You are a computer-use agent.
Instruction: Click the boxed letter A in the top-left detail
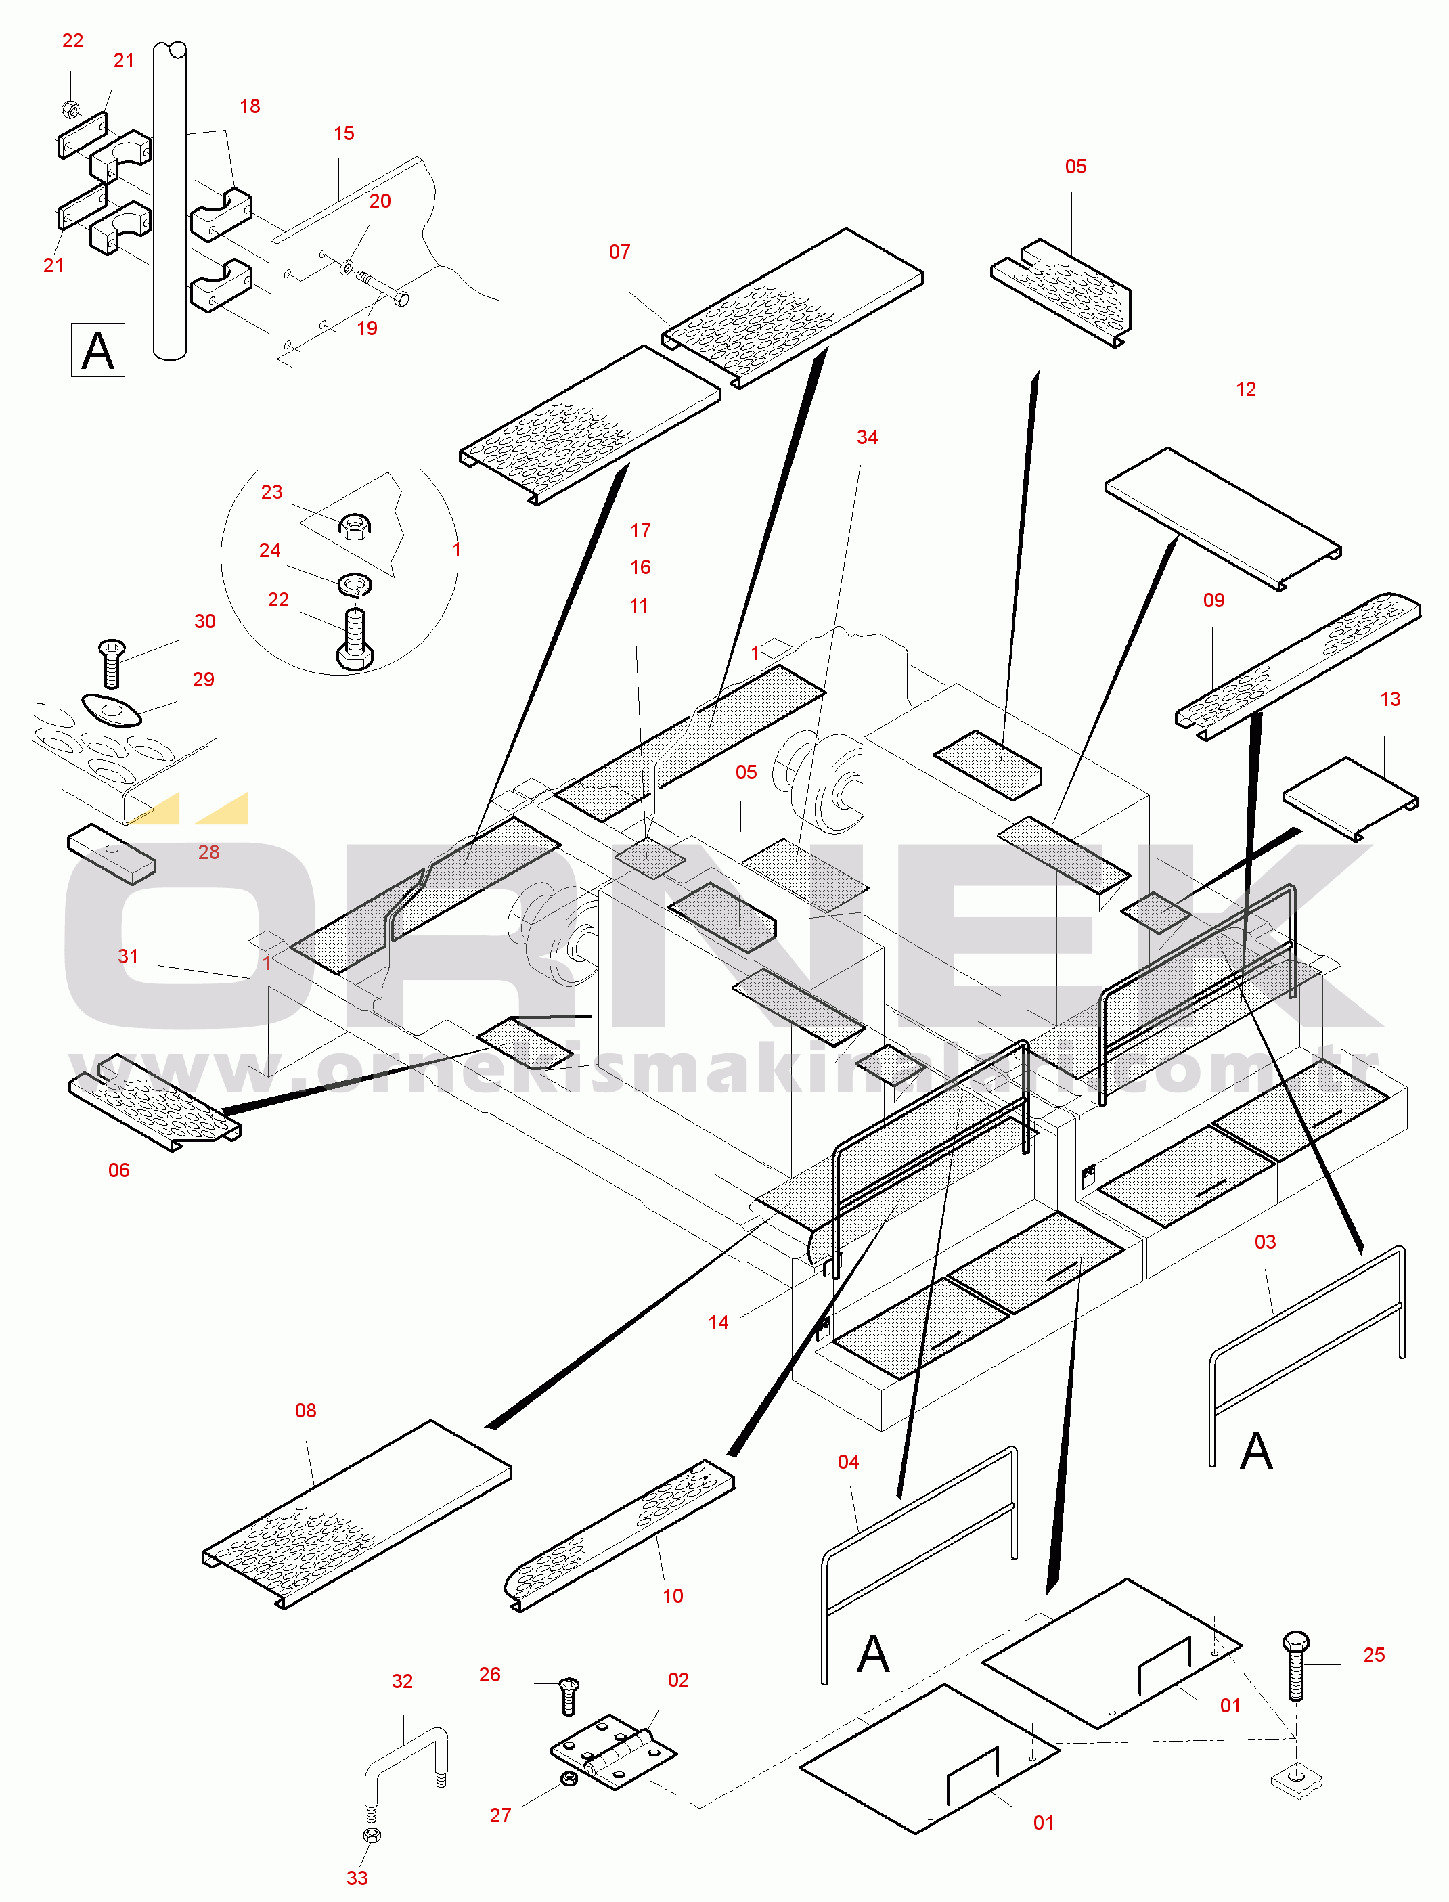[97, 350]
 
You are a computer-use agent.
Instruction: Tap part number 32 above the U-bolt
[402, 1681]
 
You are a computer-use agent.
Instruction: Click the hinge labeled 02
[613, 1751]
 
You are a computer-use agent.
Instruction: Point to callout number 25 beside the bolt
[1374, 1654]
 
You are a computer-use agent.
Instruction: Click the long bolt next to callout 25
[1295, 1666]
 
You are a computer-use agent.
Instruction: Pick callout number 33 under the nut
[357, 1878]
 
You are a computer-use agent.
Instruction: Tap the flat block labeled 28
[111, 854]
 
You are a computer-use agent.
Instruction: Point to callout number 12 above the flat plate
[1245, 389]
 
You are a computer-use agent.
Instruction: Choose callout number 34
[867, 437]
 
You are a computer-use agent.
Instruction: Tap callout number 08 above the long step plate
[305, 1411]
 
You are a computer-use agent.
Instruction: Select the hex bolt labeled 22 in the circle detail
[355, 639]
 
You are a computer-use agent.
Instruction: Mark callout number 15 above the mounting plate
[343, 133]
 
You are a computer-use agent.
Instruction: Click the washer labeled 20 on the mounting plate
[347, 267]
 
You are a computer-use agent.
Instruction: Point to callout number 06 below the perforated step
[118, 1170]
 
